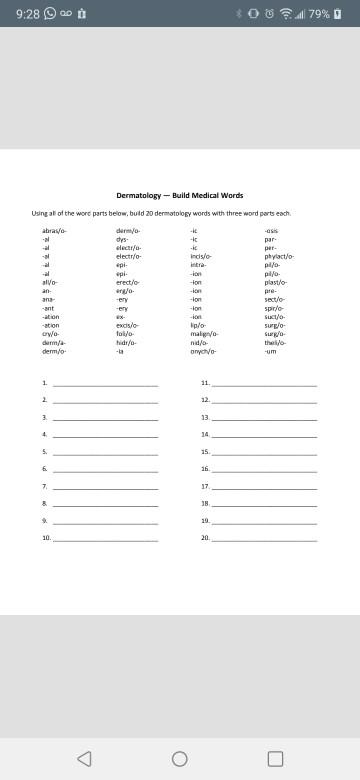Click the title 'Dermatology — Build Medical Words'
pyautogui.click(x=180, y=195)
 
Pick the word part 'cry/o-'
pyautogui.click(x=50, y=335)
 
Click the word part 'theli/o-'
pyautogui.click(x=275, y=343)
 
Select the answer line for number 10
pyautogui.click(x=105, y=539)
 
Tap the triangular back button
pyautogui.click(x=84, y=758)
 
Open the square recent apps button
pyautogui.click(x=275, y=758)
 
